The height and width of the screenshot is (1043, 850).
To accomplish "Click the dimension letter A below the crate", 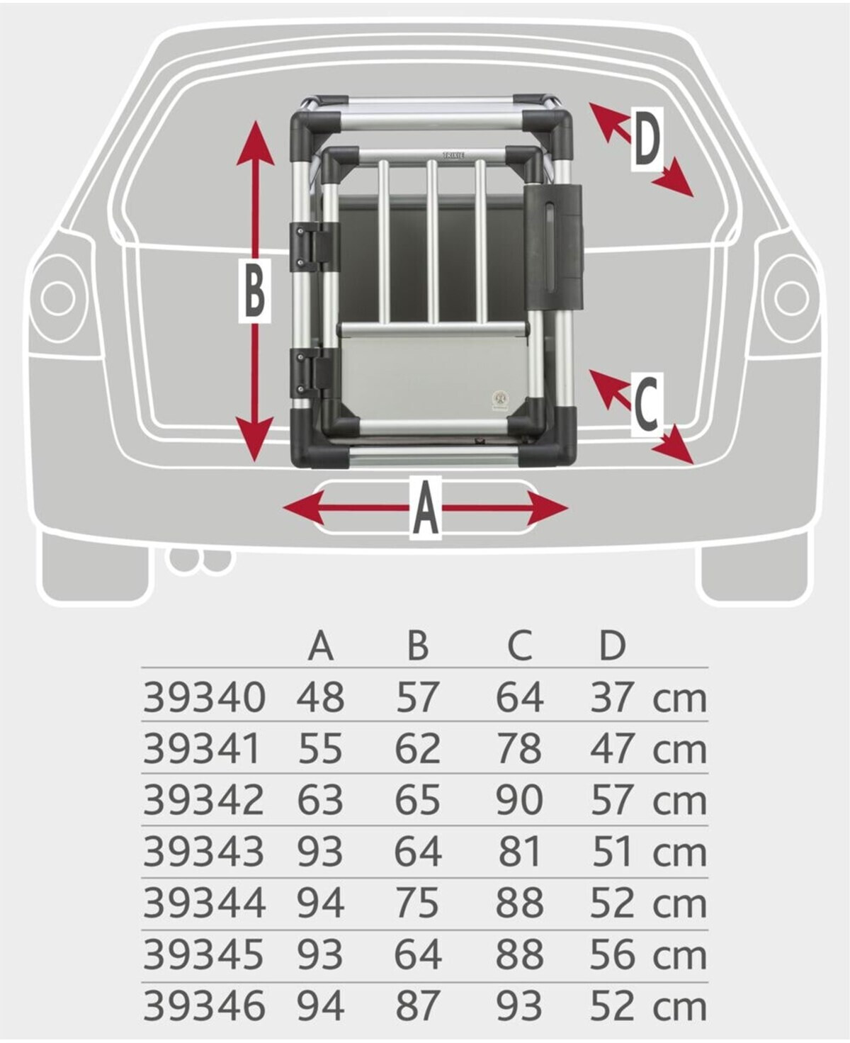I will coord(425,508).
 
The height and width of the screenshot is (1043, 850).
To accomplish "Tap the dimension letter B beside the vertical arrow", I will coord(254,291).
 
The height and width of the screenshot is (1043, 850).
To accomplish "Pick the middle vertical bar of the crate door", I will coord(431,241).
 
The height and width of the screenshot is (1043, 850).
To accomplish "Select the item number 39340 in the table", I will coord(204,697).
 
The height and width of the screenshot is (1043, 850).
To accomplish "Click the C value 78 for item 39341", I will coord(519,749).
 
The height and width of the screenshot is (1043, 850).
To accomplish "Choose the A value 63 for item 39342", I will coord(320,801).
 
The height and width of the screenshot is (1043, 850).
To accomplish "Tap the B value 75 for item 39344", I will coord(417,903).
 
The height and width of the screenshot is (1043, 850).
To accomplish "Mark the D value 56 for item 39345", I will coord(612,954).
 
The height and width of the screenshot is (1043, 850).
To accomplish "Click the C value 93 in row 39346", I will coord(519,1006).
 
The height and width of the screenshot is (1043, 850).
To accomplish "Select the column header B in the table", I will coord(418,645).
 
